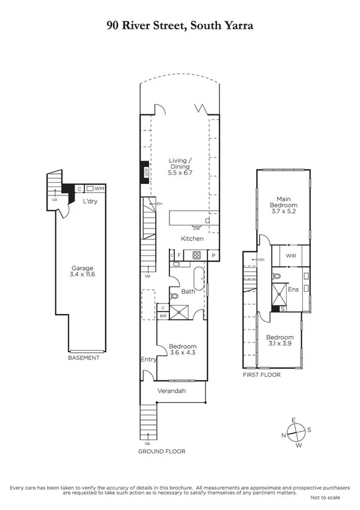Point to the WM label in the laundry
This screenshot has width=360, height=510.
pos(99,188)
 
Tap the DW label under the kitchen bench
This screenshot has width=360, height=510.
pos(196,228)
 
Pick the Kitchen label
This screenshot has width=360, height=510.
pos(192,239)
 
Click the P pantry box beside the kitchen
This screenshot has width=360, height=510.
pos(213,256)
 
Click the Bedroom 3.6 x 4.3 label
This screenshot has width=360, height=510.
pos(181,350)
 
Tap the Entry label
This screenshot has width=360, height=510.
pos(148,360)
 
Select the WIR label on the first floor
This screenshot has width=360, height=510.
pos(291,256)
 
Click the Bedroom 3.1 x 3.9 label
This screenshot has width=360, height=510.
pos(280,341)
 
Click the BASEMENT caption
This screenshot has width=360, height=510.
pos(84,358)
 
